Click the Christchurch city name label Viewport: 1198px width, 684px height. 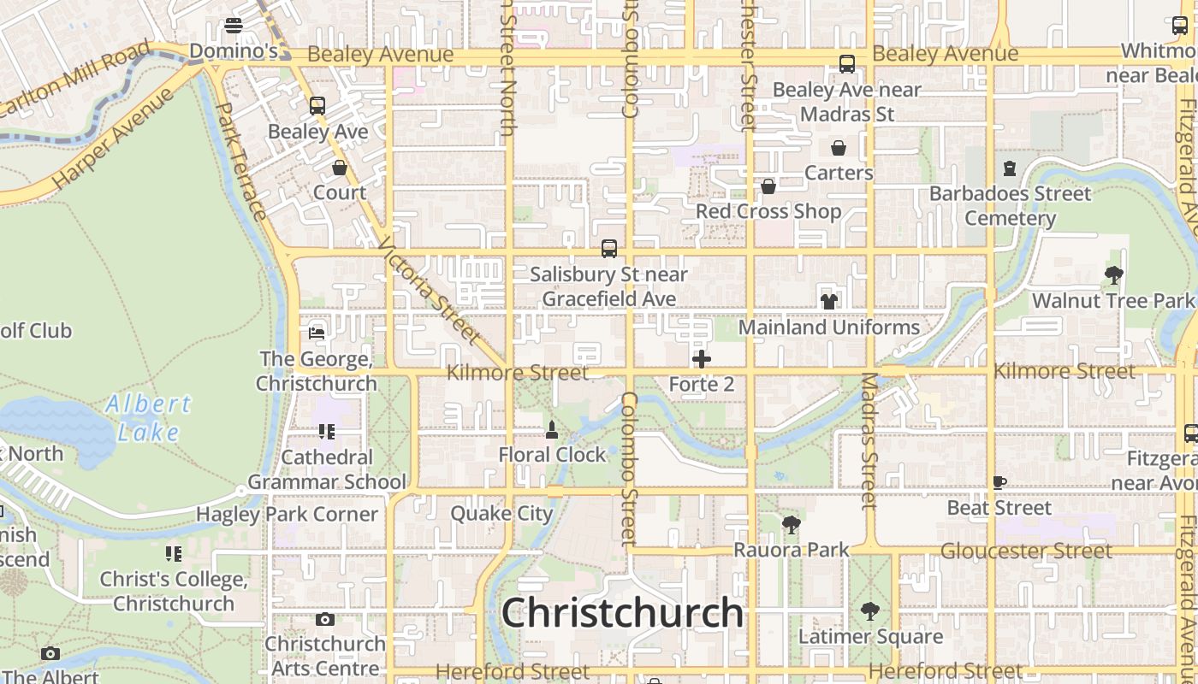[x=622, y=613]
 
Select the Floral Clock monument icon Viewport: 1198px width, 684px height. [x=552, y=430]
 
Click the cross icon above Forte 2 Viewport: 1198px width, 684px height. [x=702, y=359]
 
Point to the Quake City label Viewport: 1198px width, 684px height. [x=501, y=514]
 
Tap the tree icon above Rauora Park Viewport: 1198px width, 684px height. [x=791, y=525]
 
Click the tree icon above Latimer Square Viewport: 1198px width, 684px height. [x=870, y=611]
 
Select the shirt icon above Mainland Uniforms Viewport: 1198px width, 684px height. [x=828, y=301]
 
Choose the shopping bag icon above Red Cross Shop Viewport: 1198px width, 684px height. [x=768, y=186]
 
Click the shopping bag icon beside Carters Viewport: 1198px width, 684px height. [x=838, y=148]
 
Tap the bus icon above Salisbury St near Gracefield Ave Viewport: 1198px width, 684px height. [x=609, y=249]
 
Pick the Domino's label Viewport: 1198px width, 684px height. [x=234, y=51]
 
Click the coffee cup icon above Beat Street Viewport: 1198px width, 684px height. [x=999, y=483]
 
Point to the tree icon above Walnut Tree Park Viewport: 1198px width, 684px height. [x=1113, y=275]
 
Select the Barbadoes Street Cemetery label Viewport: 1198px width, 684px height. [x=1010, y=206]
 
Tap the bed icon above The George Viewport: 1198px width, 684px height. [x=317, y=333]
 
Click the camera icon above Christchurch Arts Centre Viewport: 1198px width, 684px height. [x=324, y=619]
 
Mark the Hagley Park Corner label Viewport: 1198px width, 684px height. [x=287, y=515]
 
